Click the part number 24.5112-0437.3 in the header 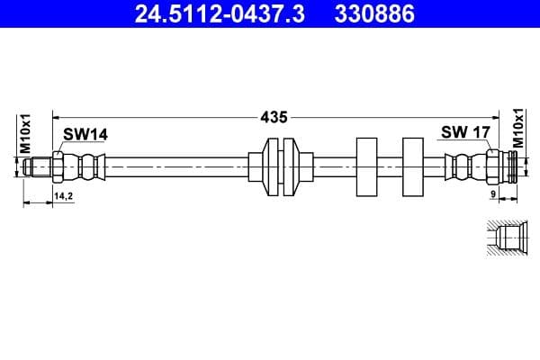(x=210, y=13)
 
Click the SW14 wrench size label (x=85, y=134)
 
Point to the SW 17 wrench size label (x=464, y=132)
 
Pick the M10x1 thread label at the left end (x=26, y=133)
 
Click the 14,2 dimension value (x=63, y=195)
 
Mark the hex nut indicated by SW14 (x=58, y=166)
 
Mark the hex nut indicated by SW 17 (x=491, y=166)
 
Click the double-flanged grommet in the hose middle (x=282, y=166)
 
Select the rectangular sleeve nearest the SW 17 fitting (x=412, y=166)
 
